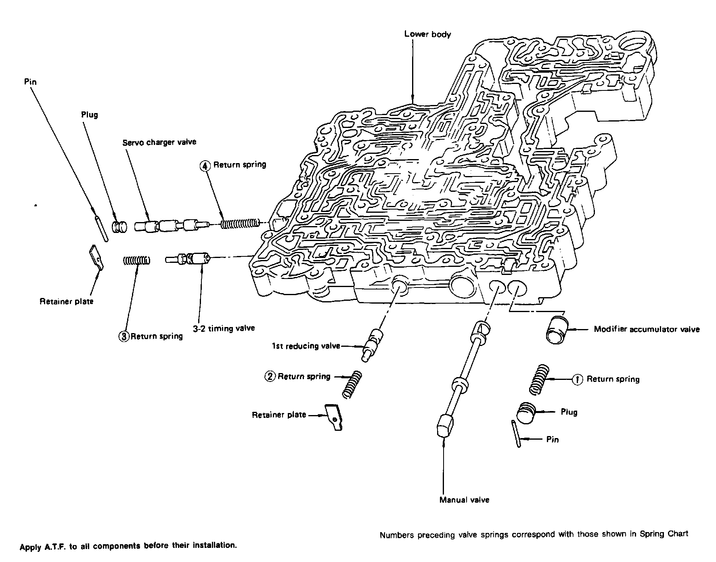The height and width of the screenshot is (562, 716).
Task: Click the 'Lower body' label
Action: pyautogui.click(x=427, y=34)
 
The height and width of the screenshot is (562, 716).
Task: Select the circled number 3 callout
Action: pyautogui.click(x=124, y=336)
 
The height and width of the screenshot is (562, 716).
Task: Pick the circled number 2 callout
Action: pyautogui.click(x=270, y=377)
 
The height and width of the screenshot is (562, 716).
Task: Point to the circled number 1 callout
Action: pyautogui.click(x=578, y=380)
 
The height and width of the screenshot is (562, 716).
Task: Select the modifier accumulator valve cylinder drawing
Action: pyautogui.click(x=557, y=329)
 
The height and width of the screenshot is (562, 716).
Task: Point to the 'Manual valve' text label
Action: pyautogui.click(x=464, y=500)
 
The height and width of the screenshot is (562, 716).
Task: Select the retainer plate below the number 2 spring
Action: pyautogui.click(x=334, y=417)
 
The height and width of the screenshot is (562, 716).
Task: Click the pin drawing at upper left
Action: pyautogui.click(x=101, y=229)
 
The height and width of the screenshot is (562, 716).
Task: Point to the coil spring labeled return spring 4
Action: pyautogui.click(x=240, y=223)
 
